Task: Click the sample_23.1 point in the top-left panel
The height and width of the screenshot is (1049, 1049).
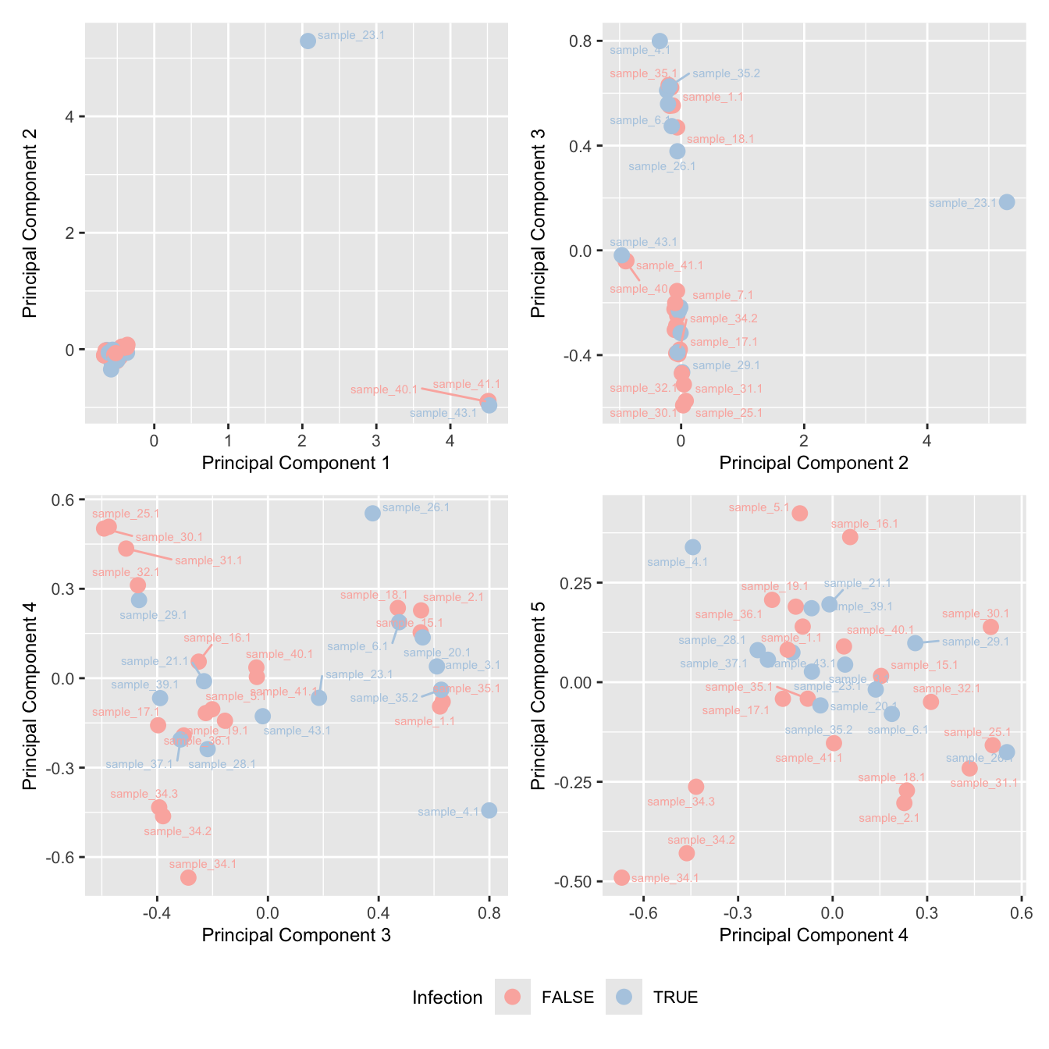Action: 308,41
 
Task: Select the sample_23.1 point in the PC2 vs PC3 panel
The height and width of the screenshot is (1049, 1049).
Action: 1007,202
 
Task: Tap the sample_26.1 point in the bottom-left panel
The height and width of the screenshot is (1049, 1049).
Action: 372,513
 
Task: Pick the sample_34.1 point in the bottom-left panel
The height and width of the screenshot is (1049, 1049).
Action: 188,877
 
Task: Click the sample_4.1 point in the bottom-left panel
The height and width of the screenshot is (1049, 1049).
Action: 489,810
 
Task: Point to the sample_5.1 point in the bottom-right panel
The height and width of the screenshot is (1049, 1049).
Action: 799,513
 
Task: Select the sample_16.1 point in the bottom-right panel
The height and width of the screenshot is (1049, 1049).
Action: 850,537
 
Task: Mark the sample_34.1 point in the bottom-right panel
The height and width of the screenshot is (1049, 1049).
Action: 621,877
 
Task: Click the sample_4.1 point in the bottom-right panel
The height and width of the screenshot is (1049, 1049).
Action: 693,547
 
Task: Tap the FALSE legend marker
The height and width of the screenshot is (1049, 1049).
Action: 513,997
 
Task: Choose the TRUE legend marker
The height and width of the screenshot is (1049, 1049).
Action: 624,997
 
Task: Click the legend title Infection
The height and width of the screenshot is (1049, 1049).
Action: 447,997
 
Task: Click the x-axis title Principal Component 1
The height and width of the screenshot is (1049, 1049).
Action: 296,463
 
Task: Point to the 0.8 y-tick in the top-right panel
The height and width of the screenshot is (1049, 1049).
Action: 582,41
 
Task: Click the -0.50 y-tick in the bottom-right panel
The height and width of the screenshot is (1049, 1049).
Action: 575,881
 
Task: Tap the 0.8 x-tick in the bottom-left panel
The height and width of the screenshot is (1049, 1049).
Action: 489,912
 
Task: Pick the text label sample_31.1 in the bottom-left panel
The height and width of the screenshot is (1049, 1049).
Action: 208,560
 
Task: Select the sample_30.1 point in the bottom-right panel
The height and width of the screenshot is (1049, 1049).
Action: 990,627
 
